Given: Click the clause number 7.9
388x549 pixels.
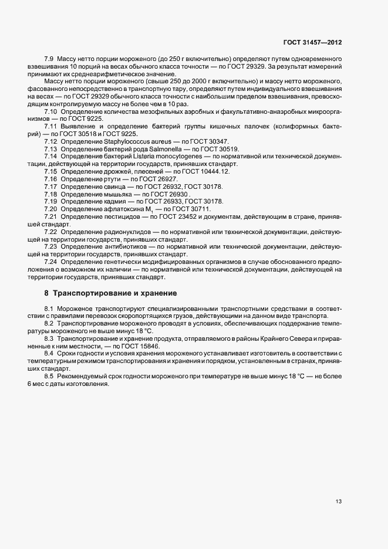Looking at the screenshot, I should pos(49,60).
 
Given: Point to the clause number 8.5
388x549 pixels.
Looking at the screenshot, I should pos(49,375).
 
